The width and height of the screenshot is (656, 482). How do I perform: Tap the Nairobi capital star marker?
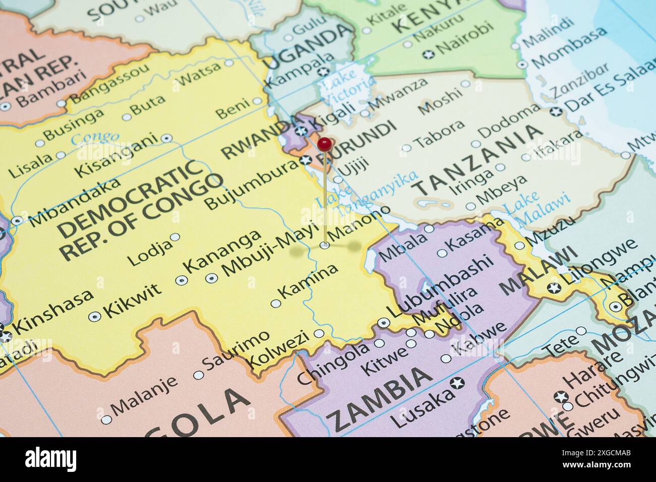coord(429,54)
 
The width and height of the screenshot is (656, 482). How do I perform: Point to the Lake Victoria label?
coord(348,86)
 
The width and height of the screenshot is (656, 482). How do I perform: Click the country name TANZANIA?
coord(477,160)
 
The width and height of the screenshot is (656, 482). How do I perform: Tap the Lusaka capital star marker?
coord(458,383)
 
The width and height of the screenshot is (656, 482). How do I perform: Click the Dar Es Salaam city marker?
coord(556,112)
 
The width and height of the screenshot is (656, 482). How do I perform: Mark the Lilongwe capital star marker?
coord(554,288)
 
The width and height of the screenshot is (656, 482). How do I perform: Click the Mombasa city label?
coord(569,47)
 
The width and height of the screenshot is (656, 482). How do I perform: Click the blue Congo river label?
coord(95,137)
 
